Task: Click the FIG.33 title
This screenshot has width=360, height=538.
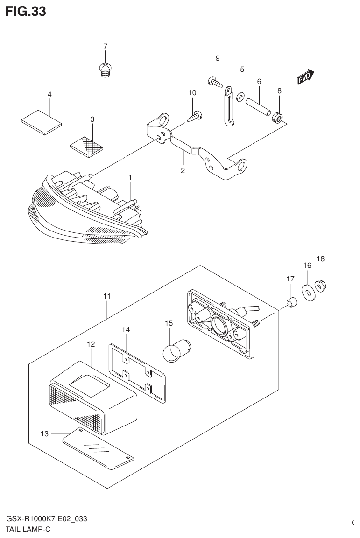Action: pos(26,12)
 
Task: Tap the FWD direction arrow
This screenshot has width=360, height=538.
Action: pos(306,78)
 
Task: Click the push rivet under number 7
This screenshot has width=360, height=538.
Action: pos(106,70)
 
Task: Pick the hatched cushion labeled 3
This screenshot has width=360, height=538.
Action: pos(86,145)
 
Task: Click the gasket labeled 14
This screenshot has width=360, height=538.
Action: pos(137,371)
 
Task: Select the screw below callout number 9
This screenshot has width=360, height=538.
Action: pos(214,82)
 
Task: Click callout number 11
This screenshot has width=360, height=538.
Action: pos(107,296)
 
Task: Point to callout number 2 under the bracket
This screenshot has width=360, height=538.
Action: pos(183,171)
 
